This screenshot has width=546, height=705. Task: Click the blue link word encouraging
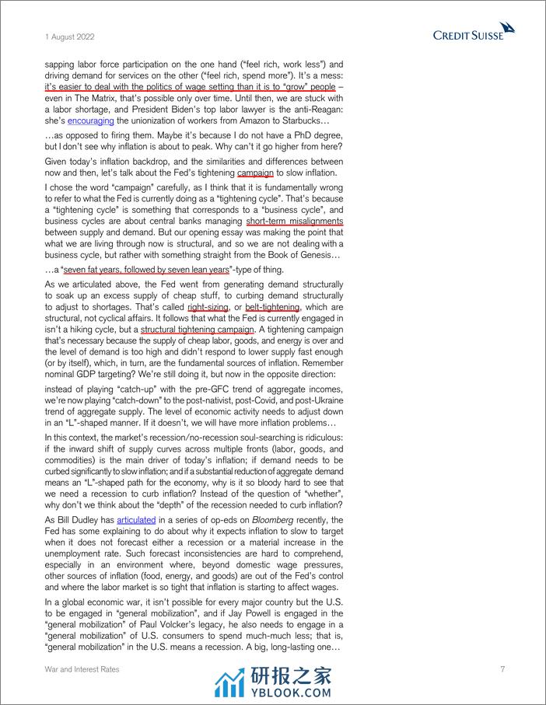coord(91,121)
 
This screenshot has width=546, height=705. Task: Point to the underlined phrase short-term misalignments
coord(295,221)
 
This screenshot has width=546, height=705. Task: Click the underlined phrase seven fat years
coord(99,270)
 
